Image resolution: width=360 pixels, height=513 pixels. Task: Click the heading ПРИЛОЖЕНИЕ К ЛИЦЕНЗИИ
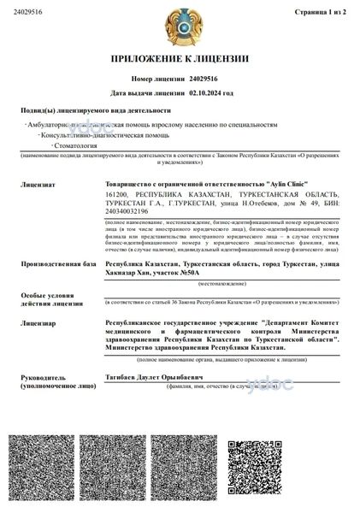(180, 59)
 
